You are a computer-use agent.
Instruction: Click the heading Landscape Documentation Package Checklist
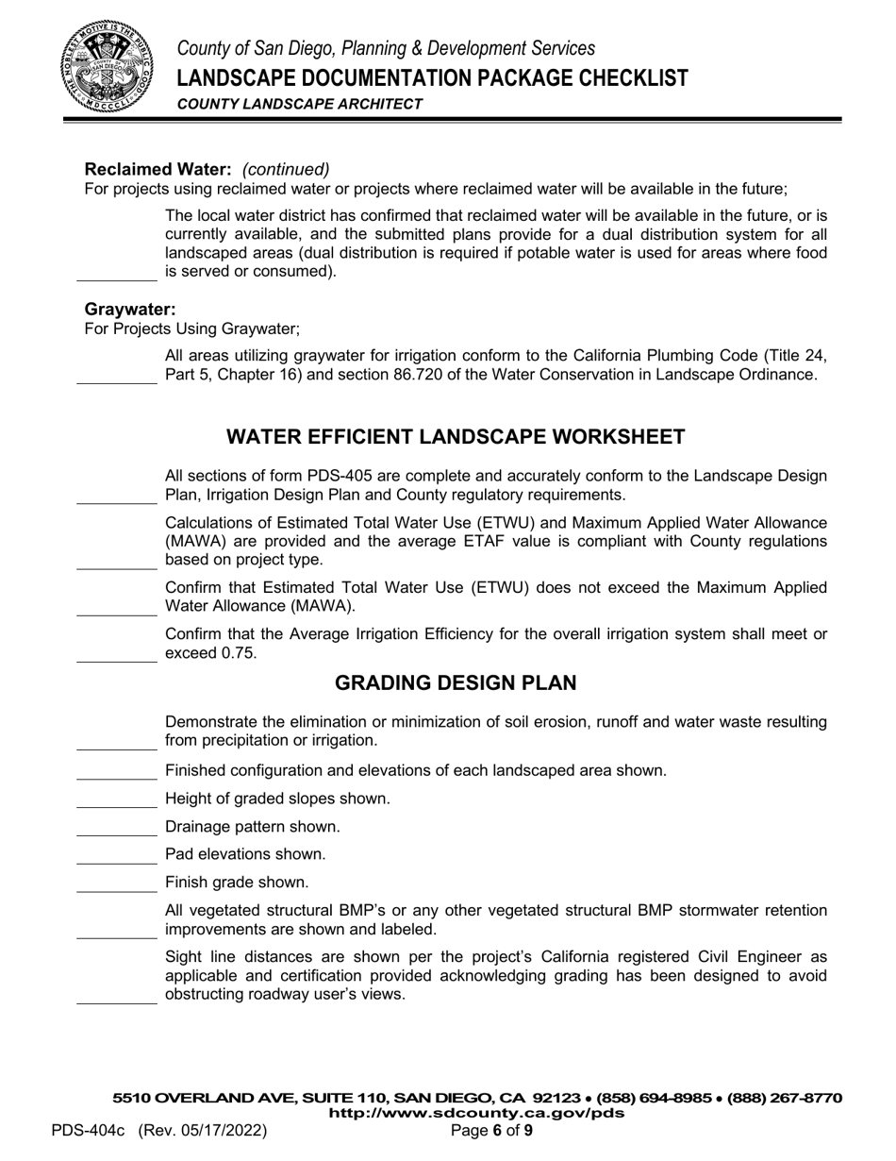pyautogui.click(x=432, y=77)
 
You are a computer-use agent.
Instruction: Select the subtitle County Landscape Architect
pyautogui.click(x=300, y=104)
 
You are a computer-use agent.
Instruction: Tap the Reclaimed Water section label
pyautogui.click(x=158, y=169)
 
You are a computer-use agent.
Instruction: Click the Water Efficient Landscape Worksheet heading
pyautogui.click(x=456, y=437)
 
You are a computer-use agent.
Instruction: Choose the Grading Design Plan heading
pyautogui.click(x=456, y=682)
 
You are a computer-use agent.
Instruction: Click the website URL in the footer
pyautogui.click(x=476, y=1113)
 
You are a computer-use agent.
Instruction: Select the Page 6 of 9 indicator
pyautogui.click(x=492, y=1130)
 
